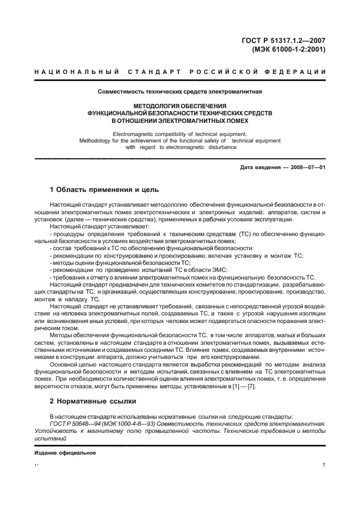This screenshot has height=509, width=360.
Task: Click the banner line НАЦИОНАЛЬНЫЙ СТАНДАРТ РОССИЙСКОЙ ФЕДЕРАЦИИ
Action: point(180,72)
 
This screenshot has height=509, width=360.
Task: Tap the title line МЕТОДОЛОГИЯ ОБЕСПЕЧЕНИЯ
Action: point(179,105)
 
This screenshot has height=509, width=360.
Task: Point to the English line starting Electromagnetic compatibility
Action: point(179,134)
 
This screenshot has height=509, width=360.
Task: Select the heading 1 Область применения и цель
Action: point(104,190)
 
